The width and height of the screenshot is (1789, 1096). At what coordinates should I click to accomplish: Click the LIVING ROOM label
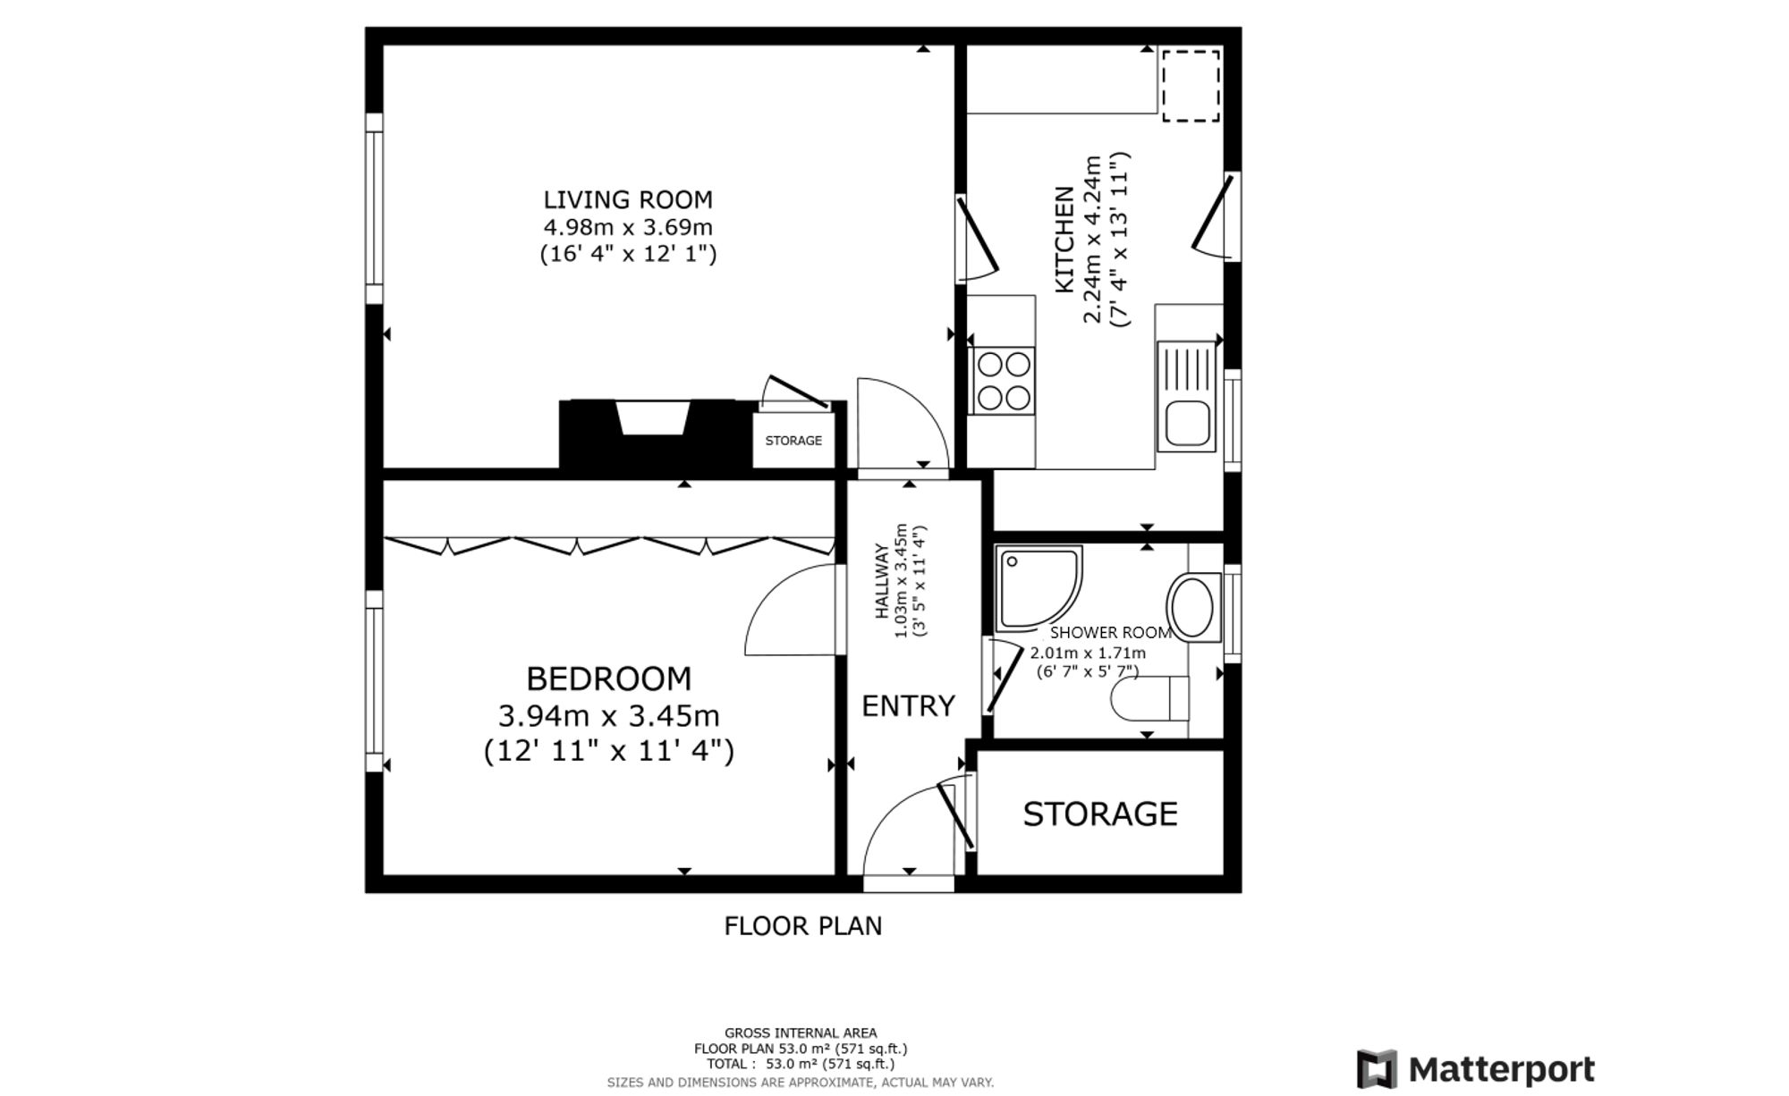628,199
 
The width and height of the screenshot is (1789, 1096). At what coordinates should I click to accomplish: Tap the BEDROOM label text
608,679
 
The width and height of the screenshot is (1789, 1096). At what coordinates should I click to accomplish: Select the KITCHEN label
1064,240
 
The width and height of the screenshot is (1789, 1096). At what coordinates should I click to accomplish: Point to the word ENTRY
908,706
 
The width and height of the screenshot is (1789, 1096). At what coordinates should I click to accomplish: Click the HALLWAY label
882,581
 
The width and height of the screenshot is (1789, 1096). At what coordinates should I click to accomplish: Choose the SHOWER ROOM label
1111,633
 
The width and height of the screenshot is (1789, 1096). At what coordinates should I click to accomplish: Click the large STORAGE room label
1100,814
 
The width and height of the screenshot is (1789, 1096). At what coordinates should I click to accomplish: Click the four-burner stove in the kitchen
1002,381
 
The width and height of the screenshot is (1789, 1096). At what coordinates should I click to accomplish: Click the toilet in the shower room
1149,698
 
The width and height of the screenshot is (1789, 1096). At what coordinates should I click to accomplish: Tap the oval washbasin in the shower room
1191,608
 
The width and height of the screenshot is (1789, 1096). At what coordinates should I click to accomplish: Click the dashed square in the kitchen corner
1191,85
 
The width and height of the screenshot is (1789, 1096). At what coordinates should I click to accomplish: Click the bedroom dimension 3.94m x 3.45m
608,716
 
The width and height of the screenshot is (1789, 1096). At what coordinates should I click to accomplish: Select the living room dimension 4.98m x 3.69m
628,227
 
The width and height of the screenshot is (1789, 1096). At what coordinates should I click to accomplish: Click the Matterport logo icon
1377,1069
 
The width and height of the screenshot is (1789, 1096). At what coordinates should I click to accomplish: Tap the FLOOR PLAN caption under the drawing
802,926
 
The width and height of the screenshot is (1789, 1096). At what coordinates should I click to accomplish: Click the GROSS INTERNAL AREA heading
801,1033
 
